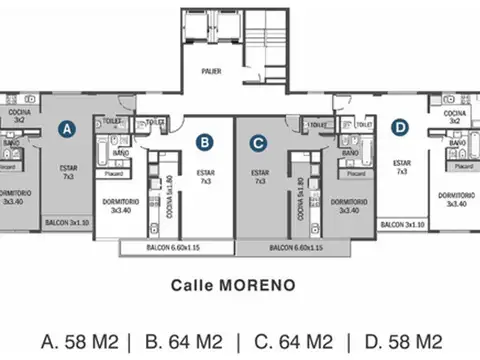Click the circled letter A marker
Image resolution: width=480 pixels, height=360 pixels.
point(67,128)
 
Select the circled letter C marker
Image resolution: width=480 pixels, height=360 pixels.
point(258,143)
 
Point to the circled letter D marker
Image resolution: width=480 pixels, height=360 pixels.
point(400,127)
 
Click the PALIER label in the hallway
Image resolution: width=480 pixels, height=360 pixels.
point(211,71)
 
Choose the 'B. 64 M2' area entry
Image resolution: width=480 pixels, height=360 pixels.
point(184,341)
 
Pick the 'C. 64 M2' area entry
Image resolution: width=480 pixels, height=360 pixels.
point(292,341)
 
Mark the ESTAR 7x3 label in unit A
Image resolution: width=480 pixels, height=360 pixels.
point(69,172)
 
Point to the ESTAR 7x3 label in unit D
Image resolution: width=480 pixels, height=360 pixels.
point(401,167)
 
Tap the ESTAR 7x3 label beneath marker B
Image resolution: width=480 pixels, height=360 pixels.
point(206,178)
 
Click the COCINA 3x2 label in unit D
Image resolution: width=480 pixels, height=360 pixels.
point(449,117)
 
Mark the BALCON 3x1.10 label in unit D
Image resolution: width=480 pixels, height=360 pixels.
point(401,225)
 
